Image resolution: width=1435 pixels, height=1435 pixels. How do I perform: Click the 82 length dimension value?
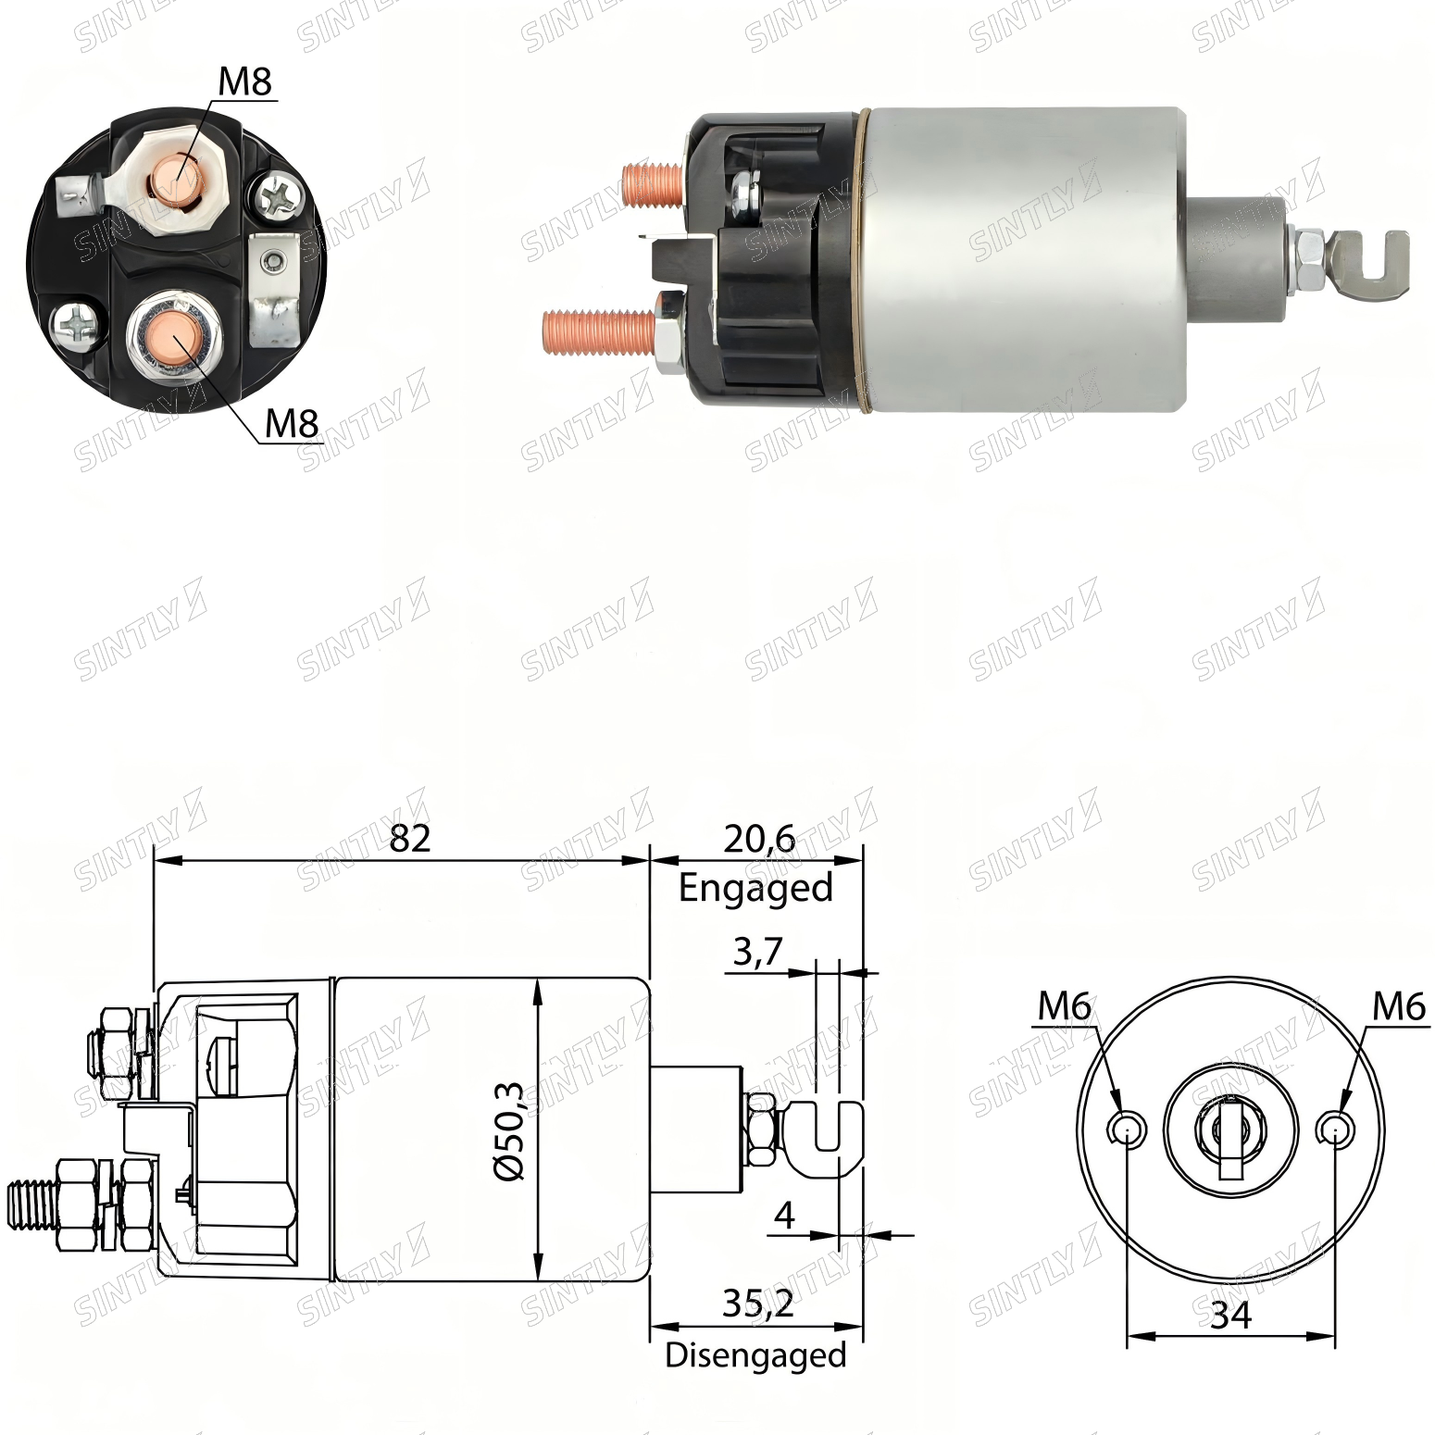pos(410,838)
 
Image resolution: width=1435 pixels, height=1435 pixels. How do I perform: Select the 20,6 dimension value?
pos(759,839)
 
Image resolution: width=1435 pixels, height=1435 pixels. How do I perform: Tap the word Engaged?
pos(755,888)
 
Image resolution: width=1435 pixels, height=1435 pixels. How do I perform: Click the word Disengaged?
pos(755,1355)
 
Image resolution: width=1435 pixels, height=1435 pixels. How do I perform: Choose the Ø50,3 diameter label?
pos(510,1130)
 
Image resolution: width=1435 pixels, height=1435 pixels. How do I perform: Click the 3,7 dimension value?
pos(758,952)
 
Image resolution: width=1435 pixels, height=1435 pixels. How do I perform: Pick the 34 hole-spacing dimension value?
pos(1231,1315)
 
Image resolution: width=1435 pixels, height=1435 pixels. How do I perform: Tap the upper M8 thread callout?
pos(245,81)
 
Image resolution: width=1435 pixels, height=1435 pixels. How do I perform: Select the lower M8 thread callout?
pos(292,423)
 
